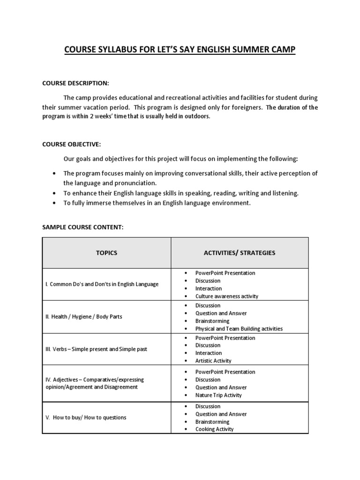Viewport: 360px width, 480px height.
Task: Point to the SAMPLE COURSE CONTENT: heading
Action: pos(82,227)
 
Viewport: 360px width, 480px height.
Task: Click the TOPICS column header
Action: pos(106,253)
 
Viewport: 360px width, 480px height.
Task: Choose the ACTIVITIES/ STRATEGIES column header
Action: pos(240,253)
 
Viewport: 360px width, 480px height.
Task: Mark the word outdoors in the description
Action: pos(196,117)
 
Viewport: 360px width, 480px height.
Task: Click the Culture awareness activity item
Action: pos(226,296)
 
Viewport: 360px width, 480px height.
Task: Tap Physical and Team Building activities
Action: pos(239,329)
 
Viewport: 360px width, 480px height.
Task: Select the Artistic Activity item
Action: pos(213,361)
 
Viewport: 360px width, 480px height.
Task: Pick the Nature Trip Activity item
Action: pos(218,395)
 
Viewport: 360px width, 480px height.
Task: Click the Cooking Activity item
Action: pos(214,429)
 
